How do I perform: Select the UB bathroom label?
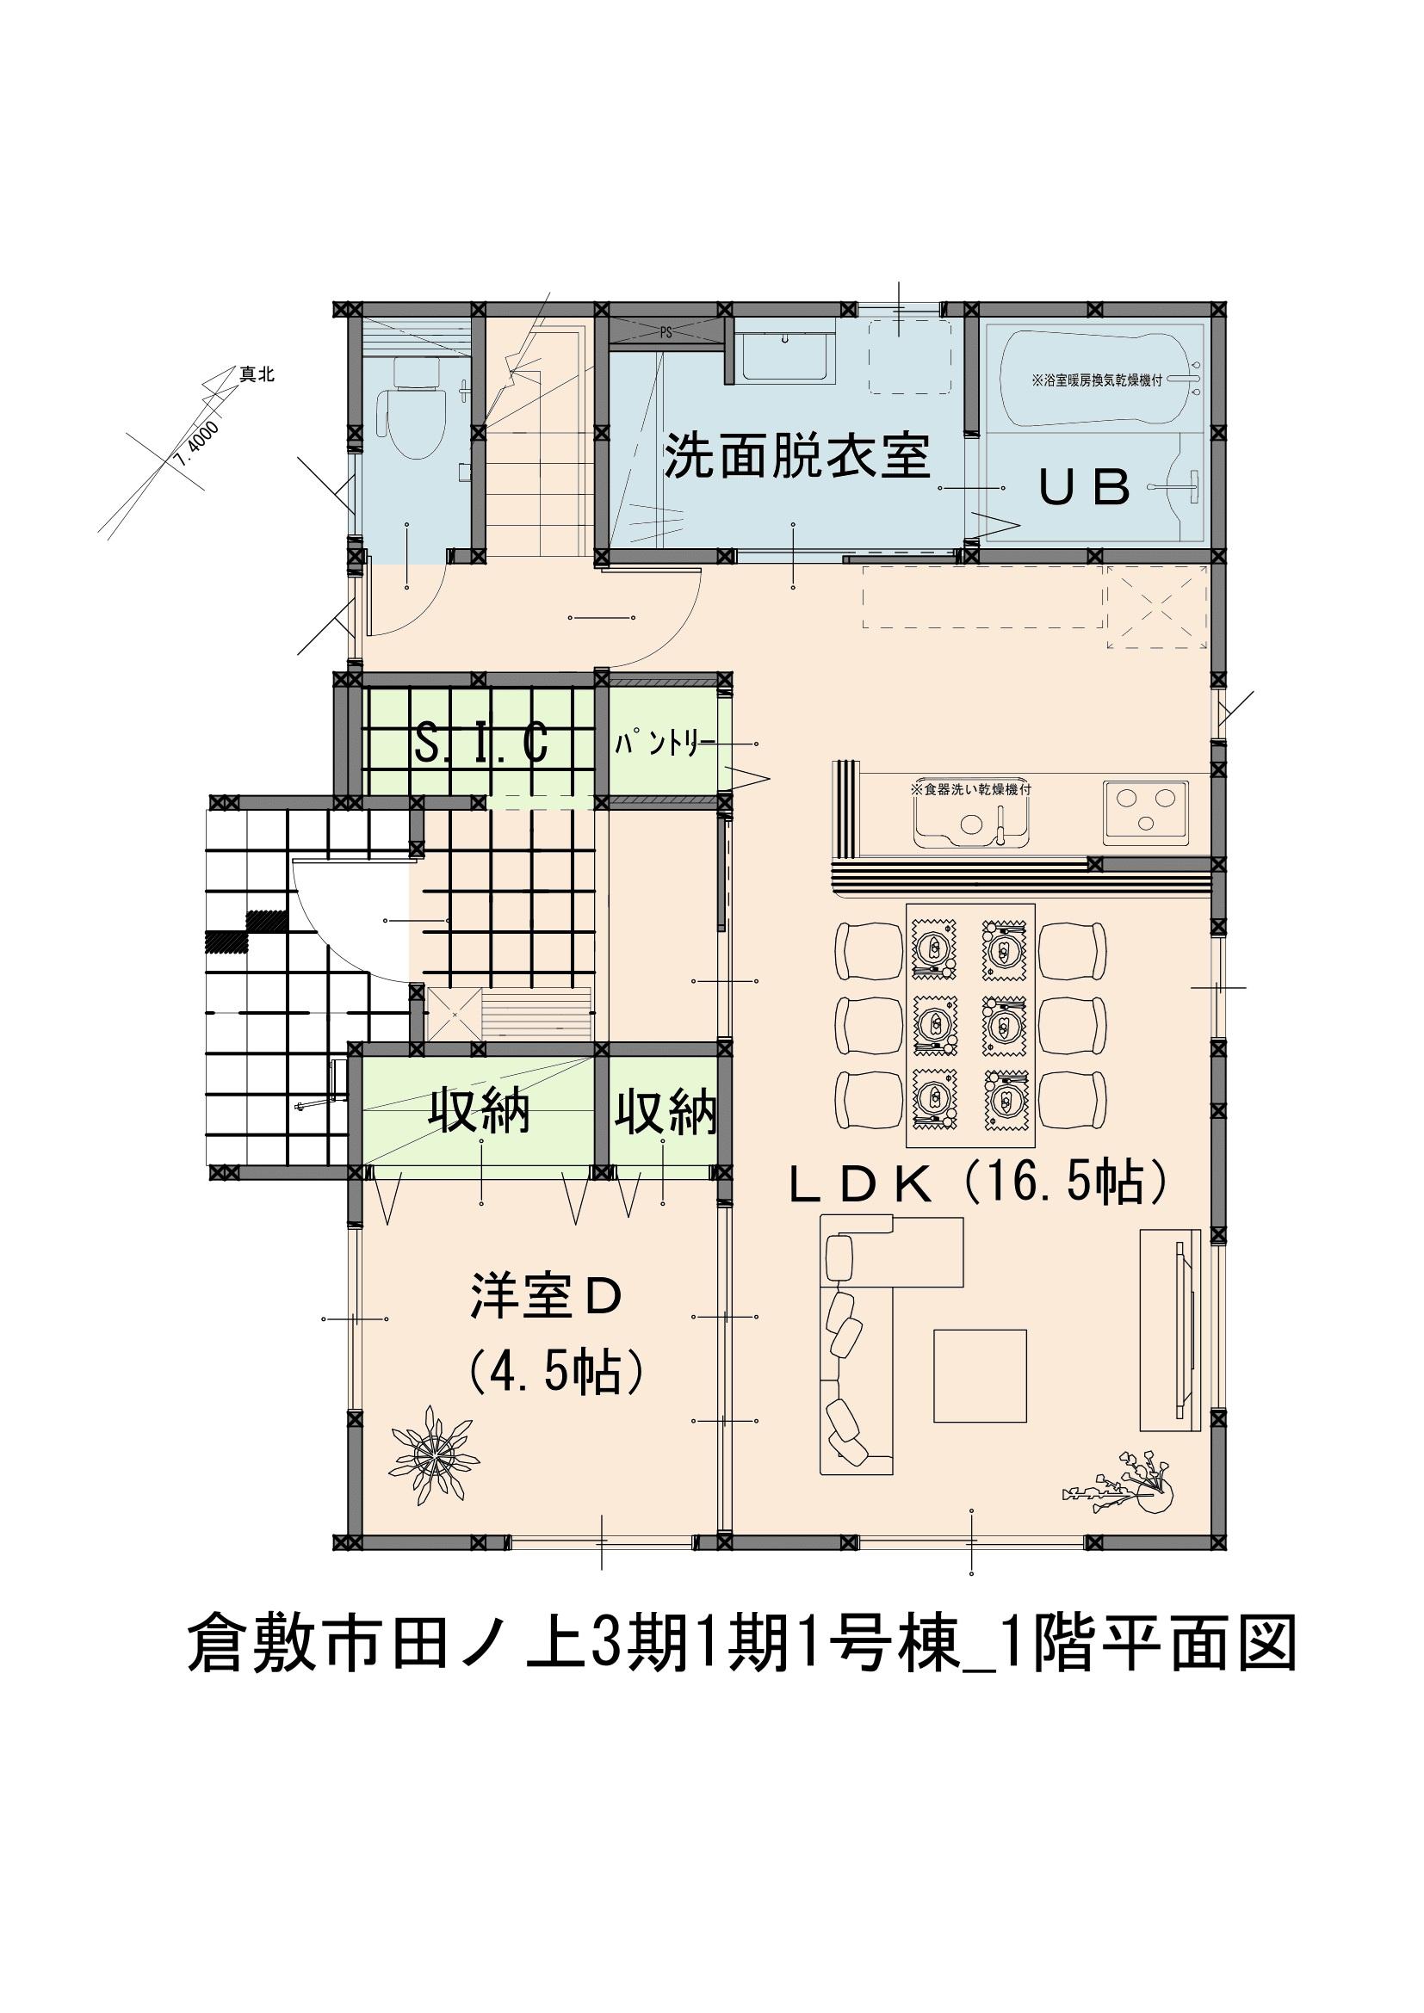coord(1085,487)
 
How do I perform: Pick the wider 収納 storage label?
coord(479,1114)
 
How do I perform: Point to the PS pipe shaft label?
coord(666,333)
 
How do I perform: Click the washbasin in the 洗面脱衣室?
coord(782,358)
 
